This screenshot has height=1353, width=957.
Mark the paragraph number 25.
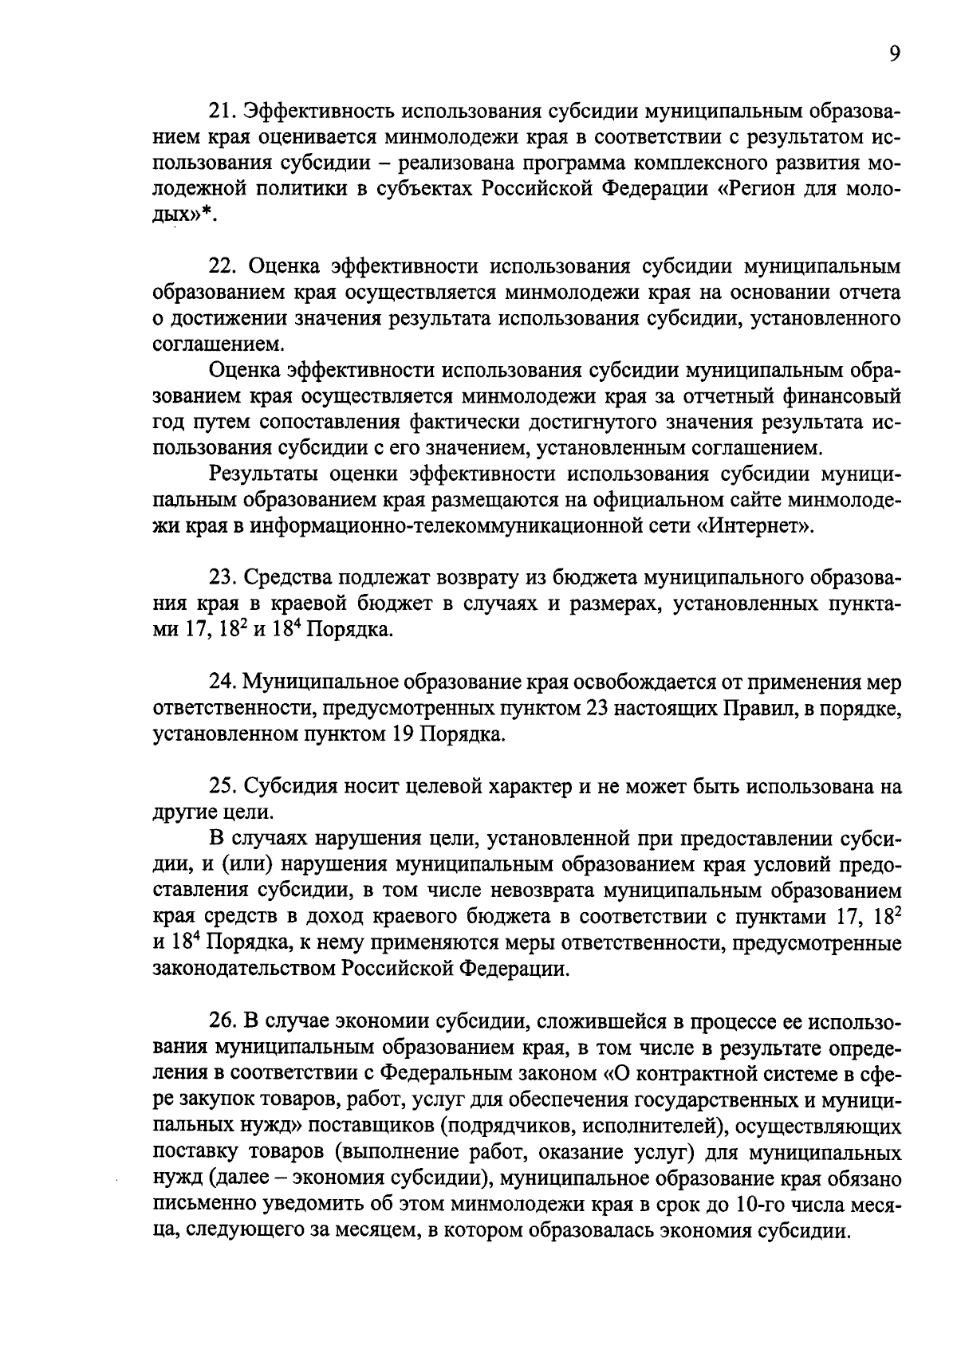pos(223,786)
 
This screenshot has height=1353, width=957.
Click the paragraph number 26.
pos(223,1021)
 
